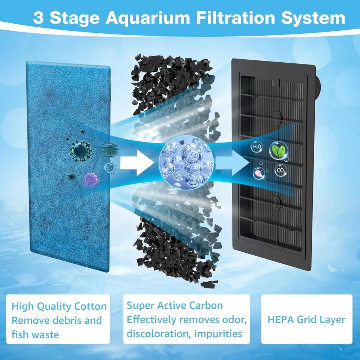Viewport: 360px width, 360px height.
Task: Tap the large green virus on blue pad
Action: tap(81, 151)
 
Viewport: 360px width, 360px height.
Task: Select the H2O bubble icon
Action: tap(258, 147)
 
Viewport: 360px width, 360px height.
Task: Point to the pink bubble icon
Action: tap(258, 173)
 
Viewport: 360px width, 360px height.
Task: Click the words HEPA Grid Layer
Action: tap(306, 319)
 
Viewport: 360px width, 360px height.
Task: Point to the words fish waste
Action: tap(35, 334)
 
